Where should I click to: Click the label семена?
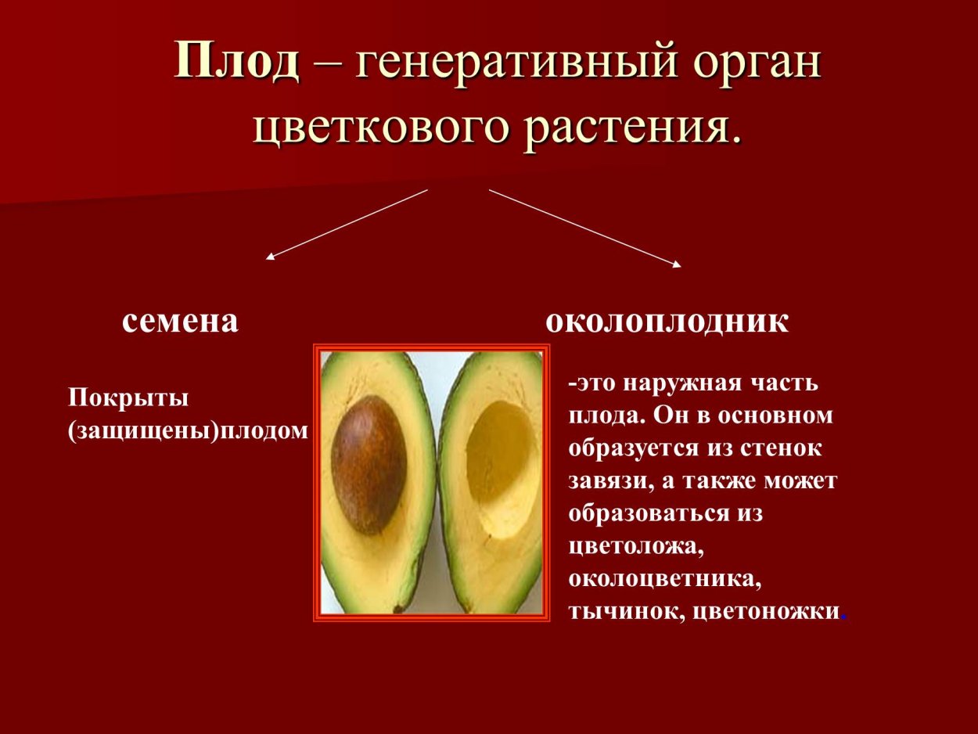180,322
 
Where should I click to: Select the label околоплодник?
667,322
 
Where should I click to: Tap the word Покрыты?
128,399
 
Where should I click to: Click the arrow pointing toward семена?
347,225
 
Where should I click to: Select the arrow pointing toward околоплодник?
585,228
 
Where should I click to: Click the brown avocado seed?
369,465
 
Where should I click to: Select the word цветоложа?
636,547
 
